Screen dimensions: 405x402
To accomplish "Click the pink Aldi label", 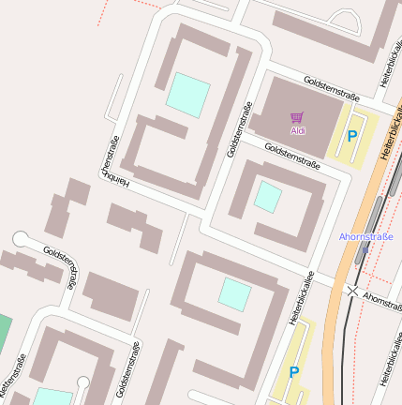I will (x=298, y=131).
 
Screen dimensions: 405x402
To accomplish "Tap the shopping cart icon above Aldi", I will (x=298, y=118).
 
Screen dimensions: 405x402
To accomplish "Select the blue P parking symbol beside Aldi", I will (x=352, y=136).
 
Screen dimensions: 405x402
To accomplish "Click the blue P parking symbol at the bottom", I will (x=294, y=372).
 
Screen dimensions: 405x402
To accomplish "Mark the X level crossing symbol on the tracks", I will (x=352, y=292).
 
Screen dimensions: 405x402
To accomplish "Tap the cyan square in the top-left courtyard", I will (x=188, y=96).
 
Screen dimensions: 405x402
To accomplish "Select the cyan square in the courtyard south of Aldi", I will (x=268, y=197).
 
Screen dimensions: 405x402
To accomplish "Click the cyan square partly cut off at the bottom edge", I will (x=53, y=397).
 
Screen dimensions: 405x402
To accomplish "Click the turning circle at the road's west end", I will (x=22, y=239).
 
